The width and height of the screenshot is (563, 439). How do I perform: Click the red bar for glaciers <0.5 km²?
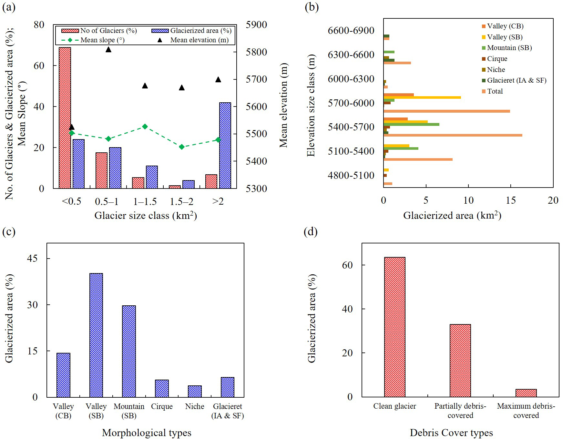point(65,118)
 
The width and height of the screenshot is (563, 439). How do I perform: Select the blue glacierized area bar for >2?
point(225,145)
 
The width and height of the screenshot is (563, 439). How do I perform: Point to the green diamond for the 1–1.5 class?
point(145,127)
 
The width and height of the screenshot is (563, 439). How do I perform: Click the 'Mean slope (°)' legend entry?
point(102,40)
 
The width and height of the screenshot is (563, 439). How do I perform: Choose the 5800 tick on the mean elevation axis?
point(256,52)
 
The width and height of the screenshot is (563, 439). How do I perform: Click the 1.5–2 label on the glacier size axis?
point(181,202)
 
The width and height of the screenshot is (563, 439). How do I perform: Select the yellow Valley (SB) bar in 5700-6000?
point(422,97)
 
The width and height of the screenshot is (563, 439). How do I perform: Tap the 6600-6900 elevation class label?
point(351,31)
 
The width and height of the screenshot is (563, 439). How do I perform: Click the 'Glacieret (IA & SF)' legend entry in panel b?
point(517,80)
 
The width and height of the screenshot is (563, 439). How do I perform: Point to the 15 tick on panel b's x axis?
point(511,200)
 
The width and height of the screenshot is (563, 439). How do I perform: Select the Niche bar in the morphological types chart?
point(195,391)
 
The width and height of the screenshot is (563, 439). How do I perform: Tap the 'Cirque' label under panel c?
point(162,406)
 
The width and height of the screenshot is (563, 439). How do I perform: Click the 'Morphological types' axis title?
point(147,433)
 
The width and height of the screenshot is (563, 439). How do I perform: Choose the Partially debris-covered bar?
point(460,361)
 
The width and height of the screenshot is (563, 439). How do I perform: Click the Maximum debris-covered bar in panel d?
point(526,393)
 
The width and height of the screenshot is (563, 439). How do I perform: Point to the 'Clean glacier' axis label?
point(394,406)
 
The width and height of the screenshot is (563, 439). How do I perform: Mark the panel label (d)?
point(311,232)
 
